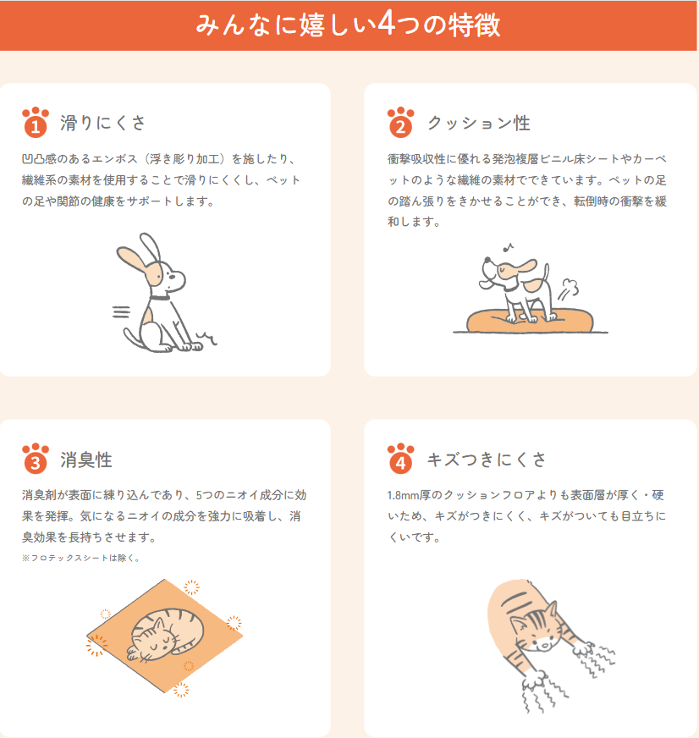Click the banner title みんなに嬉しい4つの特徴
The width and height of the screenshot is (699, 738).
[348, 25]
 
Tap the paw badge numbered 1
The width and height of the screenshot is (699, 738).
[36, 123]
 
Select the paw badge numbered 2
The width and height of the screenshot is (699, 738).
[400, 123]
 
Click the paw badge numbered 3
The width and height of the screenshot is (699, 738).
[36, 459]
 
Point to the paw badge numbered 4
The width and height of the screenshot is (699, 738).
[400, 459]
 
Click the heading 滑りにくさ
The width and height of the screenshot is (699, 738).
[102, 123]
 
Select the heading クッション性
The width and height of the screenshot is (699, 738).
[479, 124]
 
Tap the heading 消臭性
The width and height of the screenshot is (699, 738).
[86, 460]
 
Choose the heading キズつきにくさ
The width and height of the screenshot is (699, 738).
[487, 460]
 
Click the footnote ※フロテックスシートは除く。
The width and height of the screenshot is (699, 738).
[80, 558]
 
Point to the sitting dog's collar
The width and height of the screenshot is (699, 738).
[160, 297]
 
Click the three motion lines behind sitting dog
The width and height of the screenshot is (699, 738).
[121, 311]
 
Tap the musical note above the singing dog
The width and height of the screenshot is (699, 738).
[508, 248]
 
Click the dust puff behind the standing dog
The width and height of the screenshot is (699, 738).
[569, 289]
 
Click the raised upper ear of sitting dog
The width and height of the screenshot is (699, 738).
[151, 248]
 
